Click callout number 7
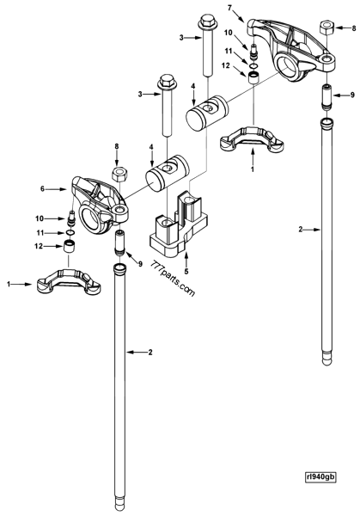(x=229, y=8)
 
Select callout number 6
(x=55, y=187)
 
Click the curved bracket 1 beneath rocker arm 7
(x=253, y=135)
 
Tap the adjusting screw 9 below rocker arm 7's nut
(x=328, y=95)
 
